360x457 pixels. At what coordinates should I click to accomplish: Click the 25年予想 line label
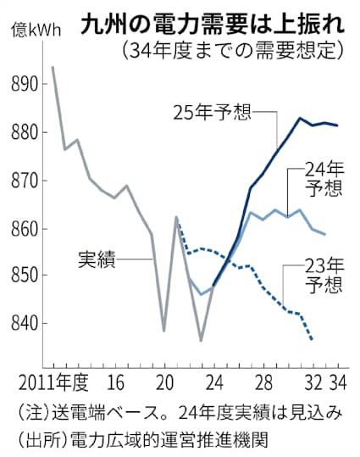tap(212, 110)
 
